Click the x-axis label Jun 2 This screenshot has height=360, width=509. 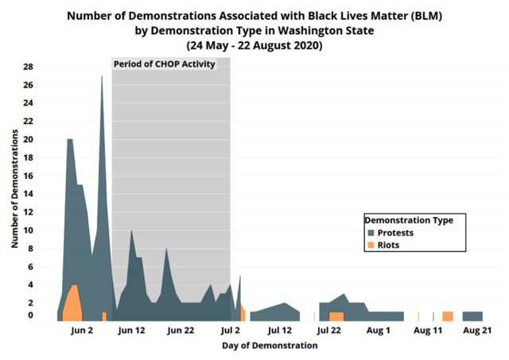(83, 330)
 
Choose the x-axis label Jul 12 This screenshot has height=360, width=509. (280, 330)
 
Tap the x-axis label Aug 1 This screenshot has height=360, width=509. (379, 330)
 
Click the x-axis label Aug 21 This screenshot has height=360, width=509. (476, 330)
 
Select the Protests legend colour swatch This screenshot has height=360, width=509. (371, 233)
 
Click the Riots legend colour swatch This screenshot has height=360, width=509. (371, 246)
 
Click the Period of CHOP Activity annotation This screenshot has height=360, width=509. (165, 64)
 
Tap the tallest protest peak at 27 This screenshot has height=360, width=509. (102, 77)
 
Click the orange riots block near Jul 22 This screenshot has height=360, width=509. (336, 316)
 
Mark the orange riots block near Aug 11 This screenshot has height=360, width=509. (448, 316)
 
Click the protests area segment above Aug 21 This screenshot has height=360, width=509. (472, 316)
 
